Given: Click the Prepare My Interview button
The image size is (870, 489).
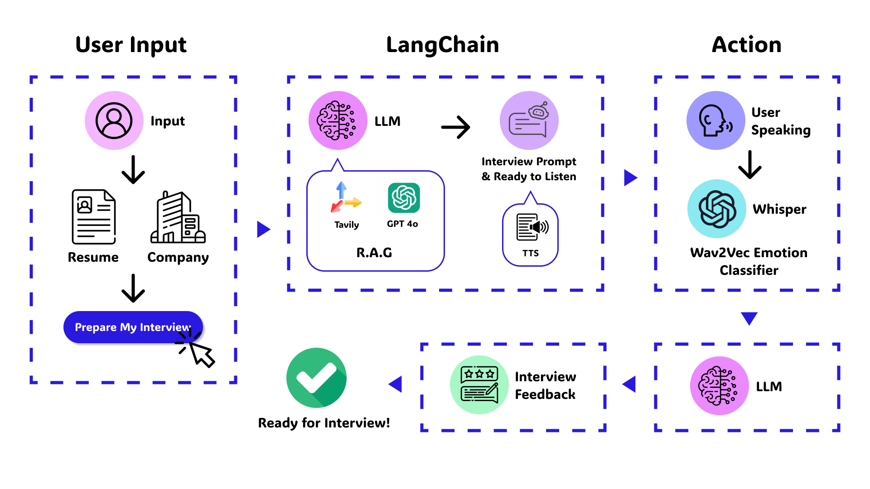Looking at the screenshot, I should (132, 327).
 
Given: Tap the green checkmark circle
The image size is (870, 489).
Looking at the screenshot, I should (316, 378).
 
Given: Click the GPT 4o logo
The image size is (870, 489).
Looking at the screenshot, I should (403, 198).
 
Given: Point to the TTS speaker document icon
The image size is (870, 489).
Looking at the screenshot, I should (531, 227).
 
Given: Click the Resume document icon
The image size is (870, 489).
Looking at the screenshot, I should (94, 217).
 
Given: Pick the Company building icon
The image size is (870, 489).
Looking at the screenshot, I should (178, 217).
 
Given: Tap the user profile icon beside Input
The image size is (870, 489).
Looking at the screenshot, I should (114, 120).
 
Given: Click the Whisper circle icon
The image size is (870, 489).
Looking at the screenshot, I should (716, 209).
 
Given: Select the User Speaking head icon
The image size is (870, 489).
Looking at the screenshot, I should (715, 120).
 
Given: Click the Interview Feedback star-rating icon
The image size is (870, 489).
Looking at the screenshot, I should (479, 385).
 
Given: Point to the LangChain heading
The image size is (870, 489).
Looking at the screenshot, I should (442, 45).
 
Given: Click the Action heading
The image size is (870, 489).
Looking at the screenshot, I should (746, 45).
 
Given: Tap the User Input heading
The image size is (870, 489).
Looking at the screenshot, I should (131, 45).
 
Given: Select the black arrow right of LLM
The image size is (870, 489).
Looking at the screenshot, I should (455, 127).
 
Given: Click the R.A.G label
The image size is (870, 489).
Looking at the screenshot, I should (374, 253).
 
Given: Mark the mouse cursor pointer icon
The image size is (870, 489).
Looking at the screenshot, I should (201, 354).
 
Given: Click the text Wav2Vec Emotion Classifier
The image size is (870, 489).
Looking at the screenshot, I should (749, 261).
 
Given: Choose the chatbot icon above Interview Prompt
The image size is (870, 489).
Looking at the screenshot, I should (529, 120).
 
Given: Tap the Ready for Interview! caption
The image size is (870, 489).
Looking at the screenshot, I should (324, 423).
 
